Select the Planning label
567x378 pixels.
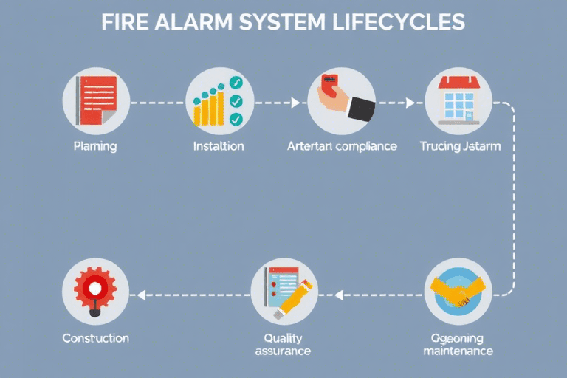(94, 146)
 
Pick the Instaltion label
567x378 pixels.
(218, 146)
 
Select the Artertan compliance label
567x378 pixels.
(341, 146)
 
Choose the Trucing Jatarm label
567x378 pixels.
(459, 146)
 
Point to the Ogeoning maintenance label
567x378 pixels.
(458, 344)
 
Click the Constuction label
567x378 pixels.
(96, 338)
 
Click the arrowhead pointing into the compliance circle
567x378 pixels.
(296, 103)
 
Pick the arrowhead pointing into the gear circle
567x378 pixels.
(140, 295)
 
